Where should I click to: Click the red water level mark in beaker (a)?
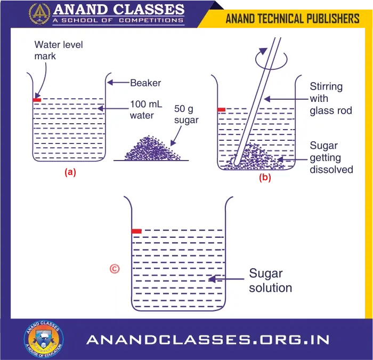click(37, 100)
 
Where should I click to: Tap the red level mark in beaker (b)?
click(222, 109)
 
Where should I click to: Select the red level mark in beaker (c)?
click(136, 231)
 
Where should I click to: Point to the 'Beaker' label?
click(145, 83)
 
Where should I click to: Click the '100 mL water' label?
click(142, 109)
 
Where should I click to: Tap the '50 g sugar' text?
click(186, 114)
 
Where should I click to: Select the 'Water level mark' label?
click(59, 50)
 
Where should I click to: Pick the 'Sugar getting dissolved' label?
click(331, 158)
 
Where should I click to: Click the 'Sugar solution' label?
click(270, 281)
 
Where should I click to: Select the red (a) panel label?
click(70, 173)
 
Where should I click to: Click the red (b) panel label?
click(264, 178)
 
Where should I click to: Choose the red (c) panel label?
click(113, 268)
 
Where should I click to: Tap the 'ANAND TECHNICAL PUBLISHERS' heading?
click(293, 19)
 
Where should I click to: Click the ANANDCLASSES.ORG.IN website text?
click(208, 340)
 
